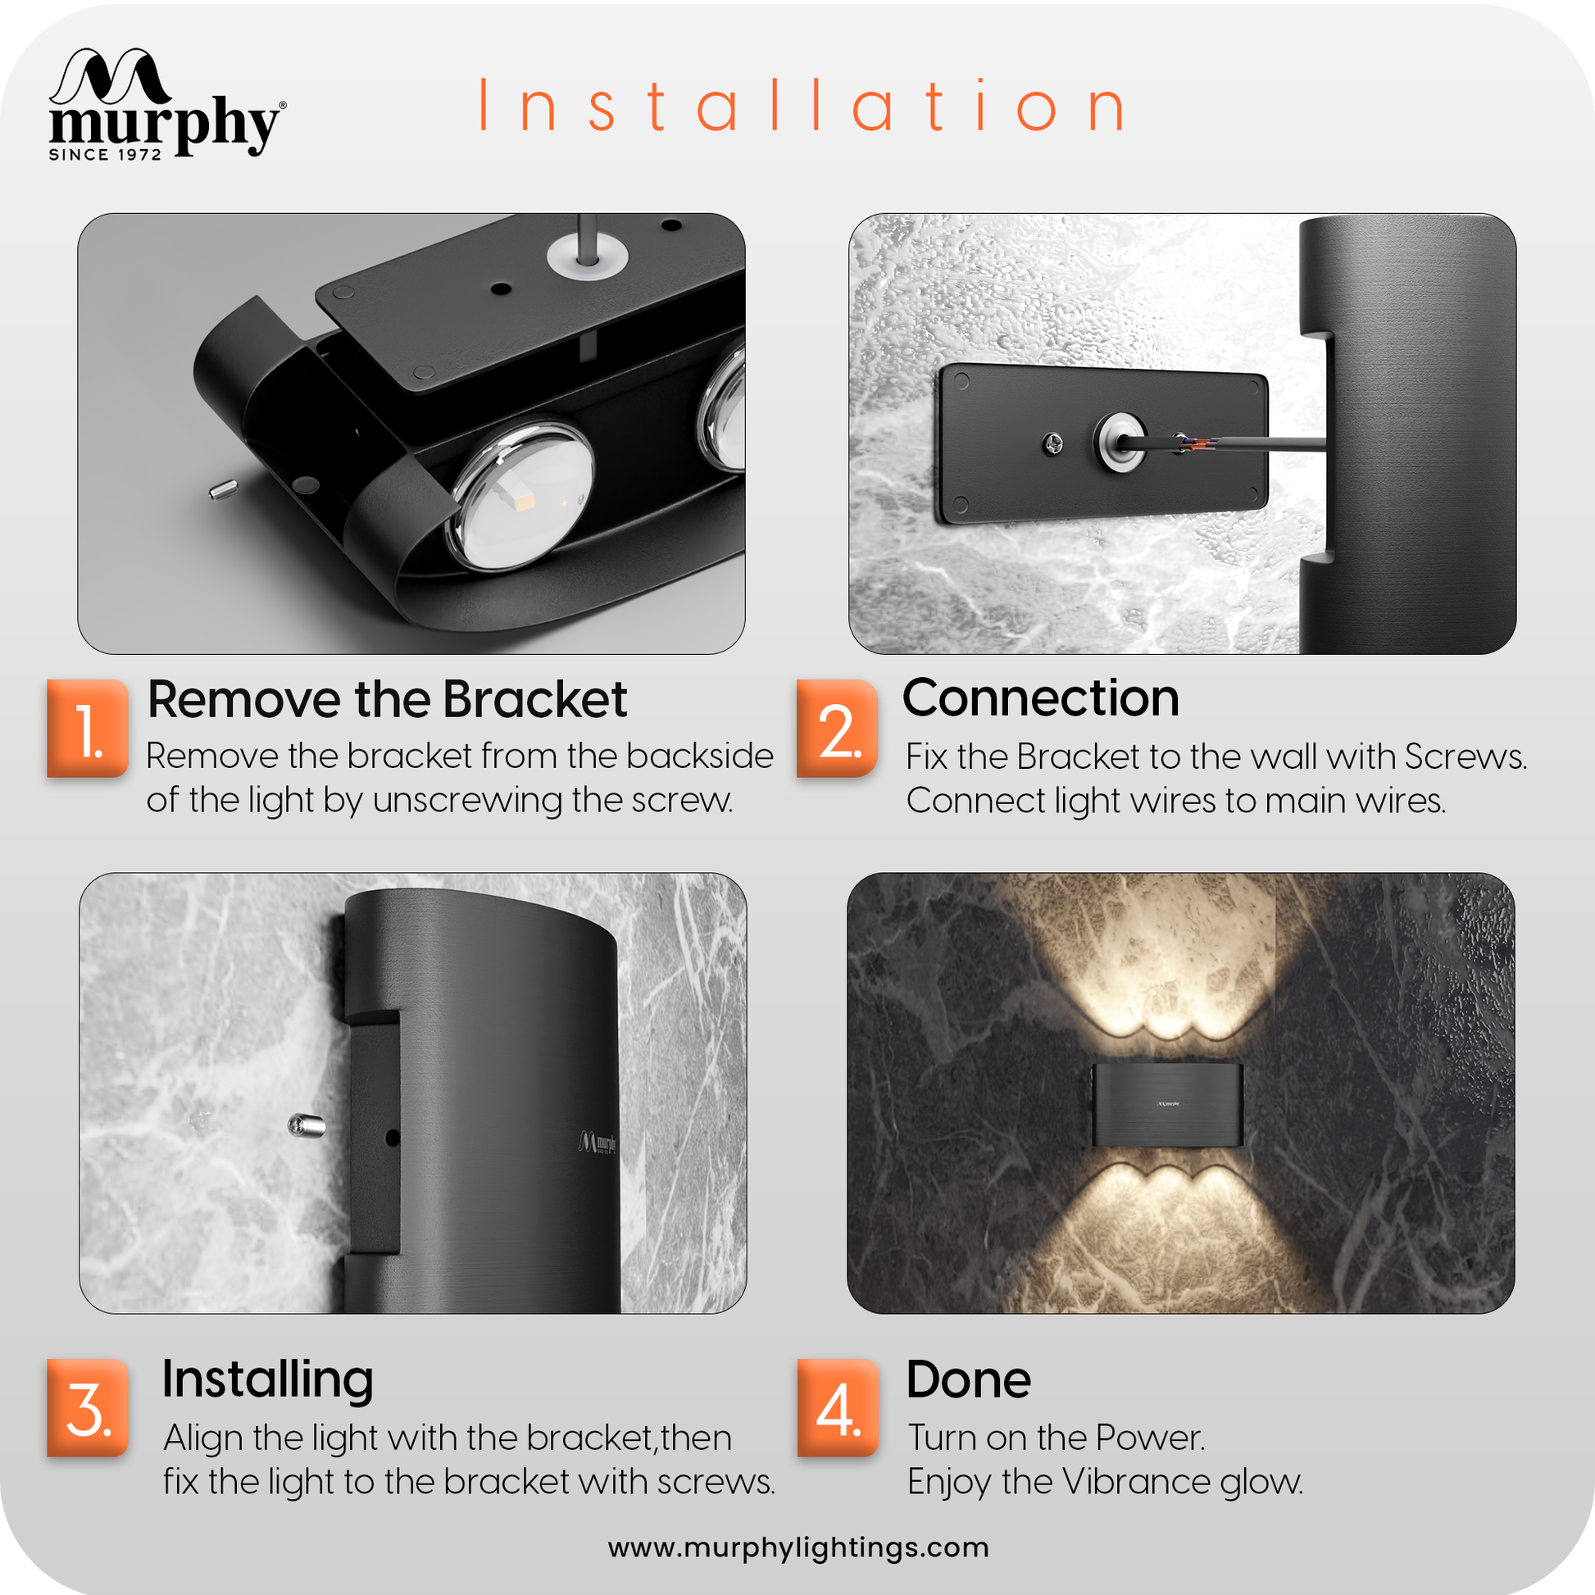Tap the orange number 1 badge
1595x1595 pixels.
(x=88, y=728)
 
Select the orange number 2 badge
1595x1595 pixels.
(x=837, y=728)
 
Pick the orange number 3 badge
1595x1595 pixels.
(x=88, y=1407)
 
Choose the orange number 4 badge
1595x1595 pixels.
(x=838, y=1407)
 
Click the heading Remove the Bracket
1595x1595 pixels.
(x=387, y=699)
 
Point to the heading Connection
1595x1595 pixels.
(x=1041, y=698)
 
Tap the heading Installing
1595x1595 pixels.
(x=267, y=1379)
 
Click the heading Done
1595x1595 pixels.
(x=969, y=1379)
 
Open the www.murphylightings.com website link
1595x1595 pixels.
(x=798, y=1547)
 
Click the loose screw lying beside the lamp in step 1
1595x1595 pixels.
(x=223, y=489)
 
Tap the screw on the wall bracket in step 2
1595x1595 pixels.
(x=1052, y=444)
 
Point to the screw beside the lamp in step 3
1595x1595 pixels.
(x=306, y=1125)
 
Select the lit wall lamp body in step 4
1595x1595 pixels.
(x=1167, y=1105)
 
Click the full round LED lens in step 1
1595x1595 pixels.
(x=522, y=495)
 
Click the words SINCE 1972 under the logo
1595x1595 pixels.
(x=105, y=154)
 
